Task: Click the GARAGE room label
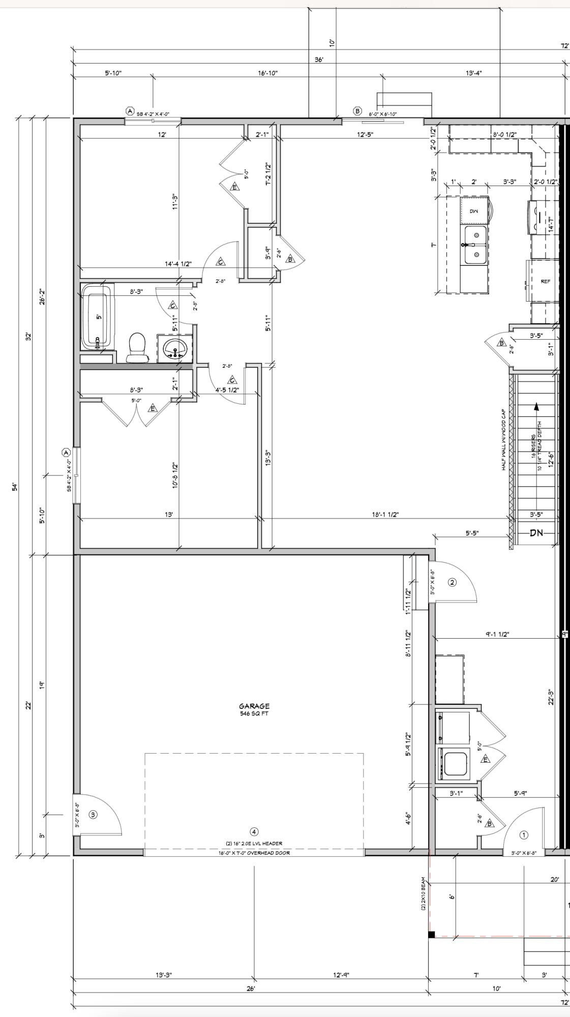[254, 706]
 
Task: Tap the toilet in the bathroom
[136, 347]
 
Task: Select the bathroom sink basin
[175, 349]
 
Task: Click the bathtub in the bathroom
[98, 318]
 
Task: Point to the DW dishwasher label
[474, 211]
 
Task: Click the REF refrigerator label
[545, 281]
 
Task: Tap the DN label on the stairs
[536, 533]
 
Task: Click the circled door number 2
[452, 582]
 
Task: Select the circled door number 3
[93, 814]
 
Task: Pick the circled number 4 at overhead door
[254, 831]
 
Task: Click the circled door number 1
[524, 834]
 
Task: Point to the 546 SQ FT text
[254, 713]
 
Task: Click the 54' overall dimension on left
[15, 487]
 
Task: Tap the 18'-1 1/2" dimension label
[385, 514]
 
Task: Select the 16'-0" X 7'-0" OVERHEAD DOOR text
[254, 853]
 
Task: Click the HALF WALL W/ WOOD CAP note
[504, 439]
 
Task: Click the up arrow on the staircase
[536, 407]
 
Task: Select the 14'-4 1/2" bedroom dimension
[178, 263]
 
